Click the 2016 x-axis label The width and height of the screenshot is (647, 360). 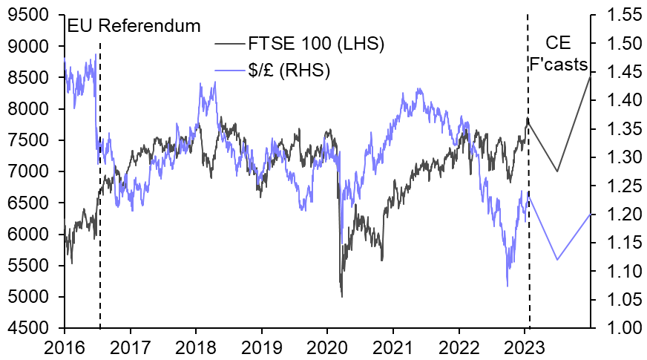[65, 345]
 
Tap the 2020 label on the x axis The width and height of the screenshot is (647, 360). [327, 345]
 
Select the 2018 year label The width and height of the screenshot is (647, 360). [196, 345]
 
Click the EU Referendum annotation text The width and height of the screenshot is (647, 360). [134, 26]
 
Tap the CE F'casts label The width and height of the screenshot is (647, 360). [558, 53]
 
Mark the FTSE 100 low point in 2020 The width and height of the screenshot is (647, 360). [341, 297]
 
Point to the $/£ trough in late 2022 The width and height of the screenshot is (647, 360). [507, 286]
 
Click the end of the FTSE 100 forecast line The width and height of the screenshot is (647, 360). [591, 75]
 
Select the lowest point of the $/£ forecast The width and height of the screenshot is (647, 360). [557, 260]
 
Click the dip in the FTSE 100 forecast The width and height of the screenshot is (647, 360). [557, 171]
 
